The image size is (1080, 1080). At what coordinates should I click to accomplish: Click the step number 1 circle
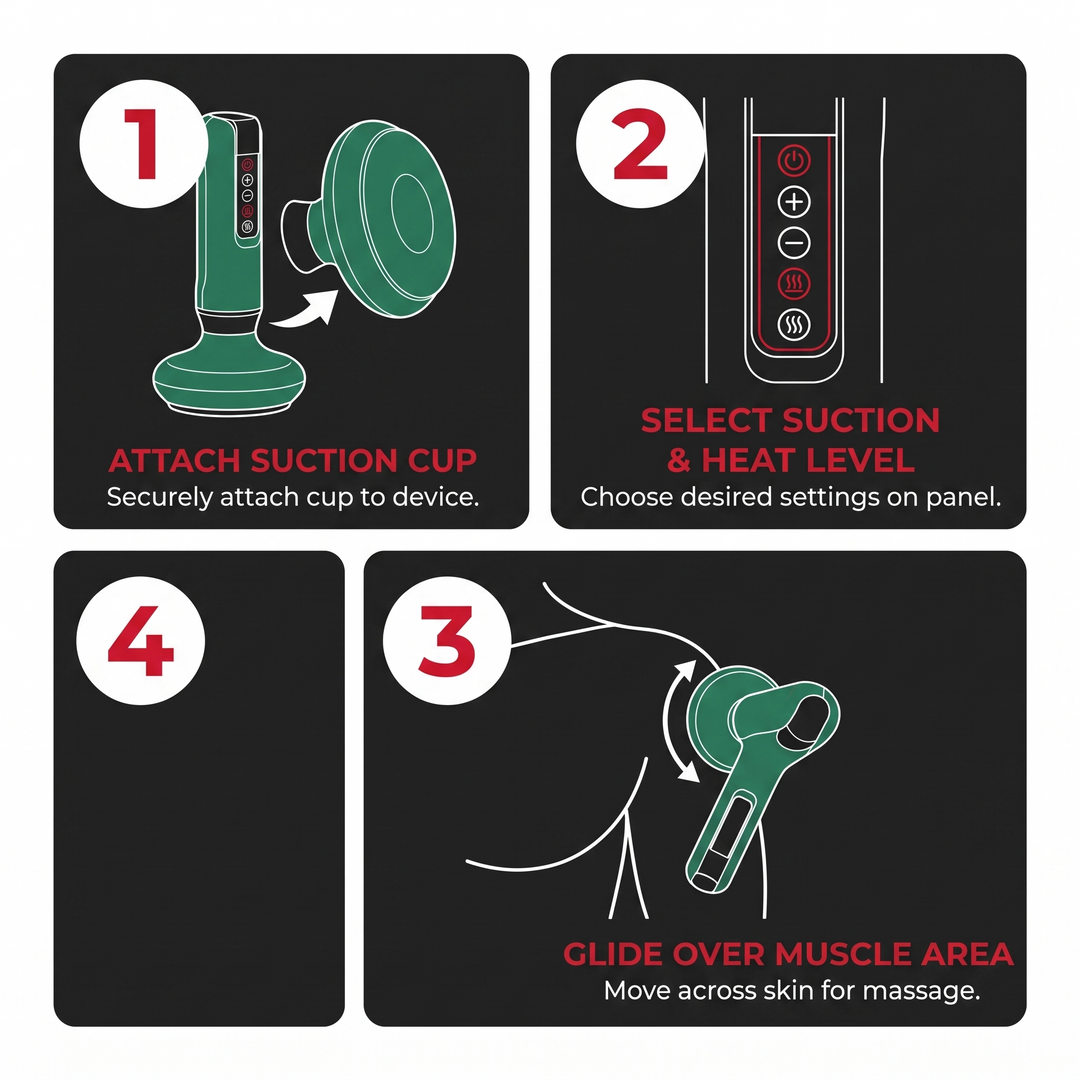tap(143, 143)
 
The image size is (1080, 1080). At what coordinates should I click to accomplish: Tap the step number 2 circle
tap(640, 143)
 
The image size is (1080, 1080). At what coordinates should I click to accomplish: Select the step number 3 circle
tap(447, 640)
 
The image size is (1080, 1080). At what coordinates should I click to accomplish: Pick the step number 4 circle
tap(141, 640)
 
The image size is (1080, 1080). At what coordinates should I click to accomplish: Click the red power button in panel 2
tap(794, 161)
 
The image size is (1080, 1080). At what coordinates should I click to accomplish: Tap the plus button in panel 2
tap(794, 202)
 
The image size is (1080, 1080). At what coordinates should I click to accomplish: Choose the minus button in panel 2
tap(794, 242)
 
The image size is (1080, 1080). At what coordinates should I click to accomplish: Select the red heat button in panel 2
tap(794, 283)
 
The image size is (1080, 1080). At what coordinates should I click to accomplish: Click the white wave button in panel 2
tap(794, 324)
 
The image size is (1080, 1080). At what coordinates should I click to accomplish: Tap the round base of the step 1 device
tap(229, 375)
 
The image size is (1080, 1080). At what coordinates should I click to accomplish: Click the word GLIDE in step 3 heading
tap(612, 954)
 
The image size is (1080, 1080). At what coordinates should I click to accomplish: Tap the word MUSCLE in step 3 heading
tap(842, 954)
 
